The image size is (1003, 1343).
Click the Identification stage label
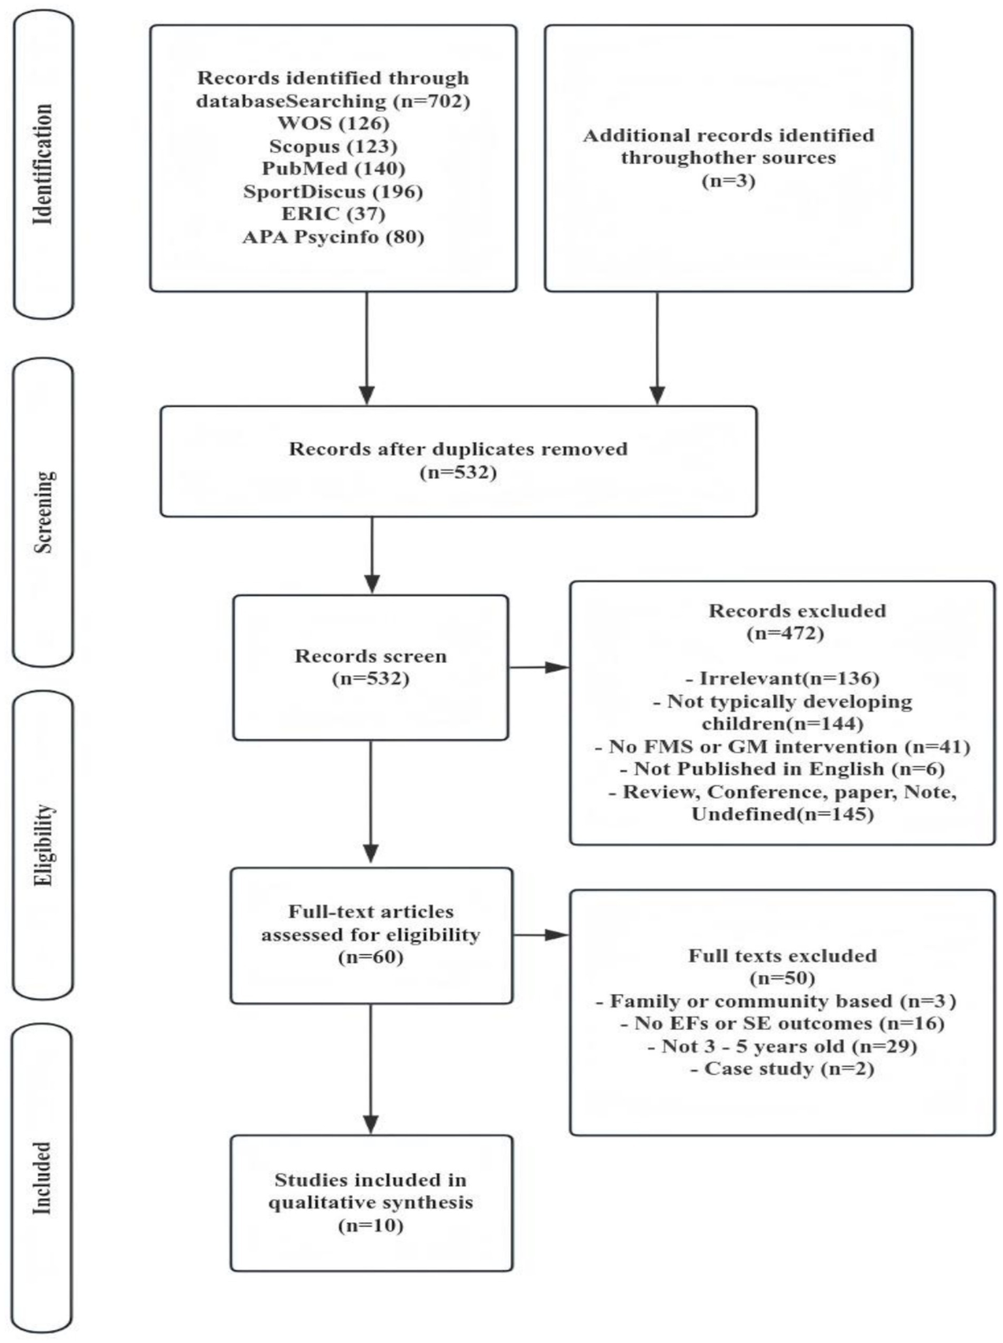43,164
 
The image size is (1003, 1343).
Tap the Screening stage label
43,512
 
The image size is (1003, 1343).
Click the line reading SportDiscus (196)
333,191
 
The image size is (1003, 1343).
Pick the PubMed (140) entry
333,169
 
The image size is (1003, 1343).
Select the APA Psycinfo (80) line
333,236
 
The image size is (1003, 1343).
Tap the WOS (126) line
333,123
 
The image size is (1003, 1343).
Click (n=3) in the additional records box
728,180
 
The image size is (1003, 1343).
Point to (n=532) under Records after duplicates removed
458,472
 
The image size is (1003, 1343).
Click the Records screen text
370,656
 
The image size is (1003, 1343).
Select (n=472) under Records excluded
785,633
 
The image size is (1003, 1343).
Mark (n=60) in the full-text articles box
370,957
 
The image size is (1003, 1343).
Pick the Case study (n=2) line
782,1069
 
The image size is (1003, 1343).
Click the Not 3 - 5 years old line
782,1046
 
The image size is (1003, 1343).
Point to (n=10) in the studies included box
370,1225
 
